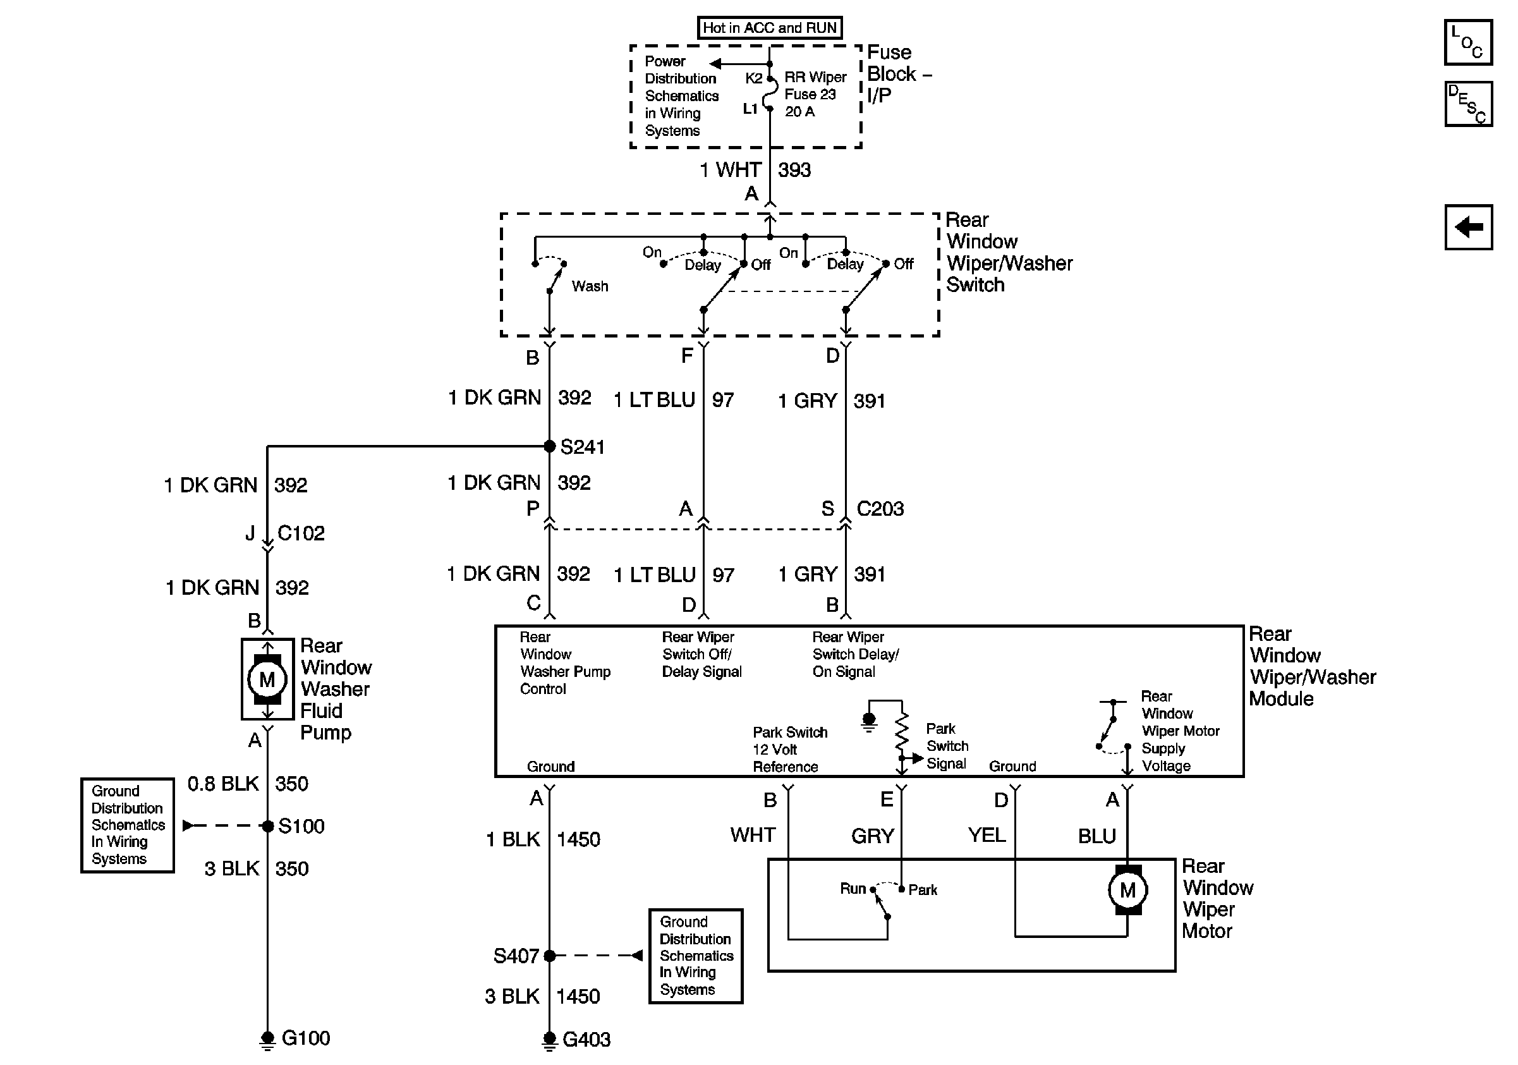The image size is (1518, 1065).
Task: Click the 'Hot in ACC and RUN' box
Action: pos(770,28)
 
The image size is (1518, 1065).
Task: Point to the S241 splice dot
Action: pos(549,446)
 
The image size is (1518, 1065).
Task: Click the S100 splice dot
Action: pos(268,825)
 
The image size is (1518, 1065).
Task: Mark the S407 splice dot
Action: pos(549,955)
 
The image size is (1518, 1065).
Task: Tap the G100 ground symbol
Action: pos(267,1040)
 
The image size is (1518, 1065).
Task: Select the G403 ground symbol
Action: pos(549,1041)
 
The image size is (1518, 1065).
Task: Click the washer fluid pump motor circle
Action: pos(267,679)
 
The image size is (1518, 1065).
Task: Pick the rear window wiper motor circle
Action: pos(1127,890)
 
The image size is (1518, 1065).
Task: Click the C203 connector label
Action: pos(880,508)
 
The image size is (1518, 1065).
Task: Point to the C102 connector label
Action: pos(301,533)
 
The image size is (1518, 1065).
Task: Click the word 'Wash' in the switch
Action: pos(590,286)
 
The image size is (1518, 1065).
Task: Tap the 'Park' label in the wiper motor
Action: pos(923,890)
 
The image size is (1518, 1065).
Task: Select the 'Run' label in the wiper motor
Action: pos(853,889)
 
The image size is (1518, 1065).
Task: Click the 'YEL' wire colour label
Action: pos(987,835)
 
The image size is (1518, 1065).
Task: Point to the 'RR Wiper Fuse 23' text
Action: pos(815,86)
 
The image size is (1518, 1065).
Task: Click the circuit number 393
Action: pos(794,170)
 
